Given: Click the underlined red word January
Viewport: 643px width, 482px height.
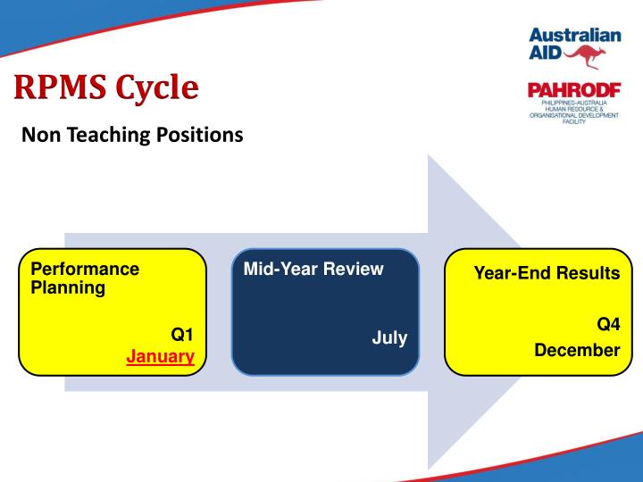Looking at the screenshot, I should pos(160,356).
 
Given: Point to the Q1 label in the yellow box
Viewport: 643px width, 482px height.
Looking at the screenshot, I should pos(182,336).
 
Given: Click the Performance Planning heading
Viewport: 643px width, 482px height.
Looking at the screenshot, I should pos(85,278).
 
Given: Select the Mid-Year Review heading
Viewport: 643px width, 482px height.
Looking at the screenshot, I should pos(306,269).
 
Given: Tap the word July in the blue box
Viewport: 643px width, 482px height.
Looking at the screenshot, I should pos(389,338).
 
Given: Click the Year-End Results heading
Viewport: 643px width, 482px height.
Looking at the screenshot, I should pos(547,273).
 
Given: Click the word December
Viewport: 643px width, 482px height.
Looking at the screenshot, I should pos(576,350).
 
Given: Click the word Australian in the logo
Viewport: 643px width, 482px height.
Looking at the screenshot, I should pos(574,36).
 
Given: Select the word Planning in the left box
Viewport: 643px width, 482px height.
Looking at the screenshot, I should pos(68,288).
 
